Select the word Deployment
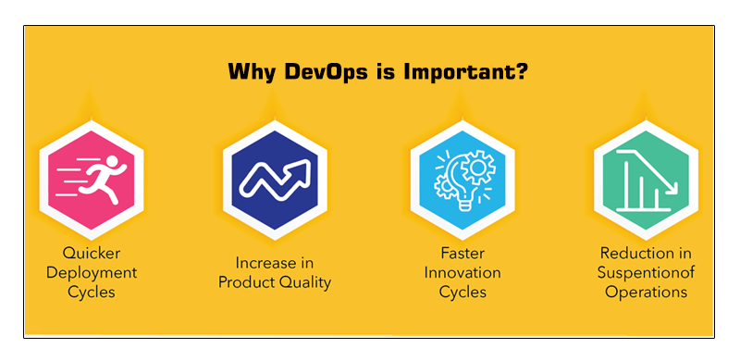pos(92,272)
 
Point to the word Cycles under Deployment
pos(92,292)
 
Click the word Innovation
pos(462,272)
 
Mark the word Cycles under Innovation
pos(462,292)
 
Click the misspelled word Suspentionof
pos(646,272)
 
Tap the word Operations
pos(646,292)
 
